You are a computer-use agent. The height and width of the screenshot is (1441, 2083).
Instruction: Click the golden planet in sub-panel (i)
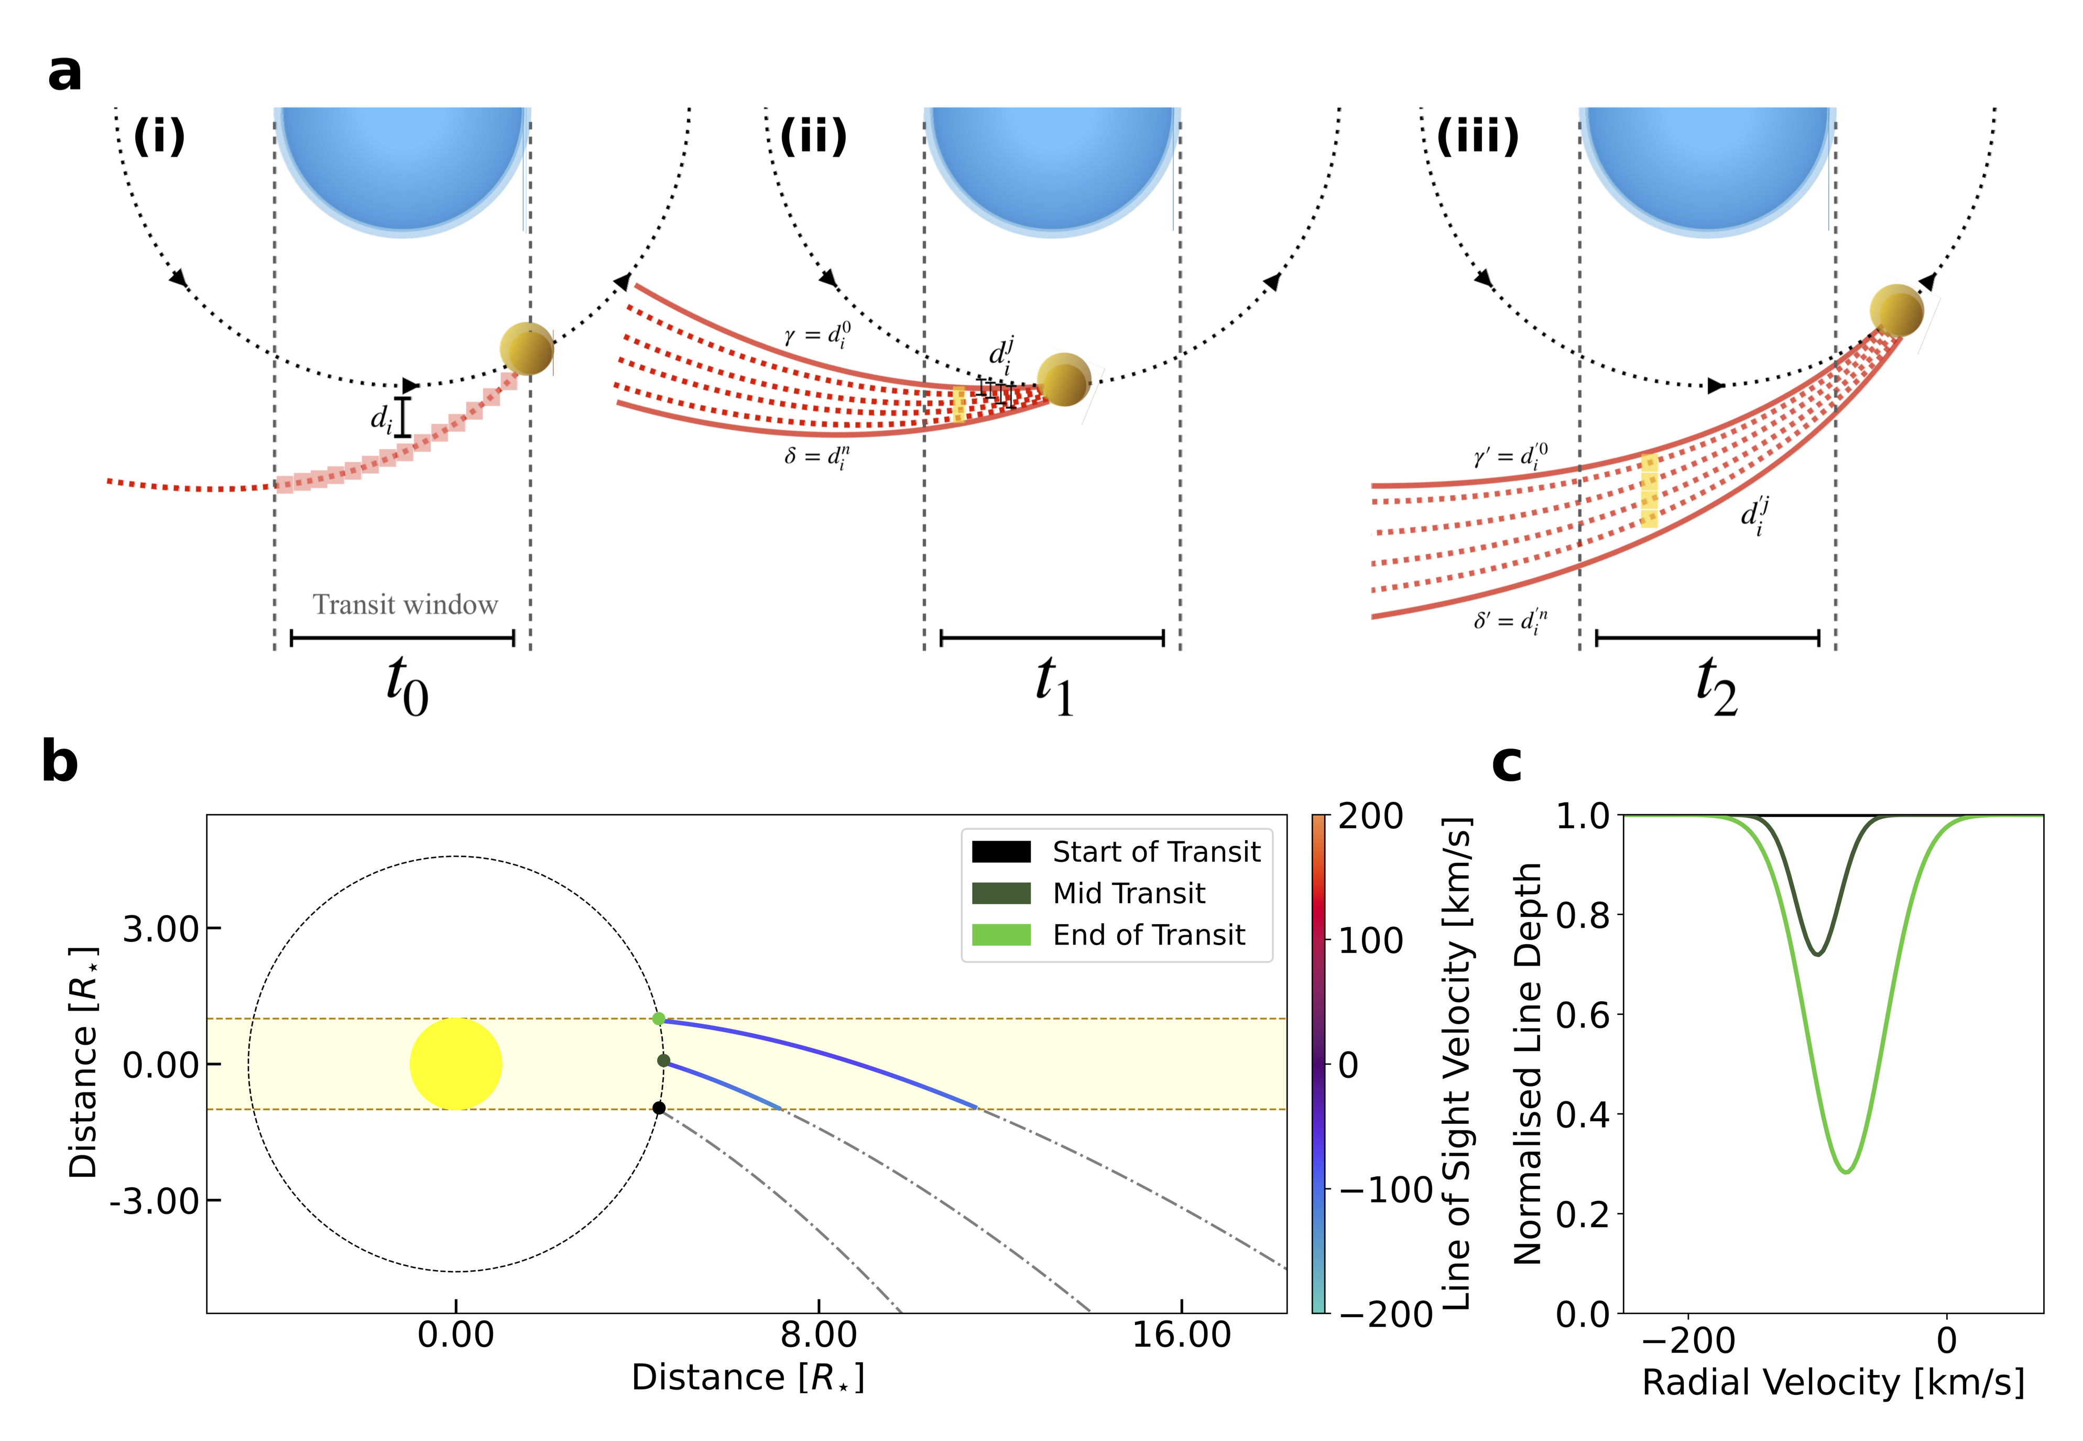click(x=526, y=349)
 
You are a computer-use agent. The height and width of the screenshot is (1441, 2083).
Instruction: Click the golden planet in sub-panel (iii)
click(x=1895, y=311)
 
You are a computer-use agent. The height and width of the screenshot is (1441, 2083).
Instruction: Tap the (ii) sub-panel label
click(x=813, y=136)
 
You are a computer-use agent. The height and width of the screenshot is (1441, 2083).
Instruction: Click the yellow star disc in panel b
click(x=456, y=1064)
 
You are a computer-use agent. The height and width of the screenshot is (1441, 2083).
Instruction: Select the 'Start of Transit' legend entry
click(x=1116, y=851)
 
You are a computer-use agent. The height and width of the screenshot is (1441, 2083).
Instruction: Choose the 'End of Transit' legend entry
click(x=1109, y=935)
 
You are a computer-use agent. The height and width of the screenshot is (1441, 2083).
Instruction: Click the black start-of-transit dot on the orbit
click(x=659, y=1108)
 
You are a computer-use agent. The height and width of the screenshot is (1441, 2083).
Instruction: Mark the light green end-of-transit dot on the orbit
click(x=659, y=1019)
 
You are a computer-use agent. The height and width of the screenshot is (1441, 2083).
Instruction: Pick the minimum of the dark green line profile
click(x=1818, y=955)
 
